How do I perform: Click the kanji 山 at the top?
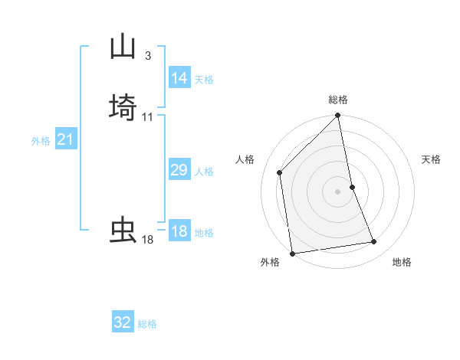click(123, 47)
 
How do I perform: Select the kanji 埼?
click(123, 106)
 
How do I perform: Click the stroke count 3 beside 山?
click(147, 55)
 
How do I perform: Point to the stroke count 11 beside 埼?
click(147, 116)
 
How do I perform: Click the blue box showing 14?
click(179, 77)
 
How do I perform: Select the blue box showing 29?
click(179, 170)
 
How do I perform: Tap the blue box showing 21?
click(66, 139)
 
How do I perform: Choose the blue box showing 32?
click(123, 322)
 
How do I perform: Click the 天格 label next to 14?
click(204, 79)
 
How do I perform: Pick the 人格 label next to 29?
click(204, 172)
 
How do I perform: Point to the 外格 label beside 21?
click(41, 141)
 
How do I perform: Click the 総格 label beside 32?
click(147, 324)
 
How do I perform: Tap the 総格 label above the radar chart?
click(338, 100)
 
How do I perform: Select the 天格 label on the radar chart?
click(432, 159)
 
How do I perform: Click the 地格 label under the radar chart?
click(402, 262)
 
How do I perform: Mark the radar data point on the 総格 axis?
click(338, 116)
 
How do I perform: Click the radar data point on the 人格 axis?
click(280, 172)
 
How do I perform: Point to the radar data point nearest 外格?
click(292, 253)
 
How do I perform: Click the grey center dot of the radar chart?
click(338, 191)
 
